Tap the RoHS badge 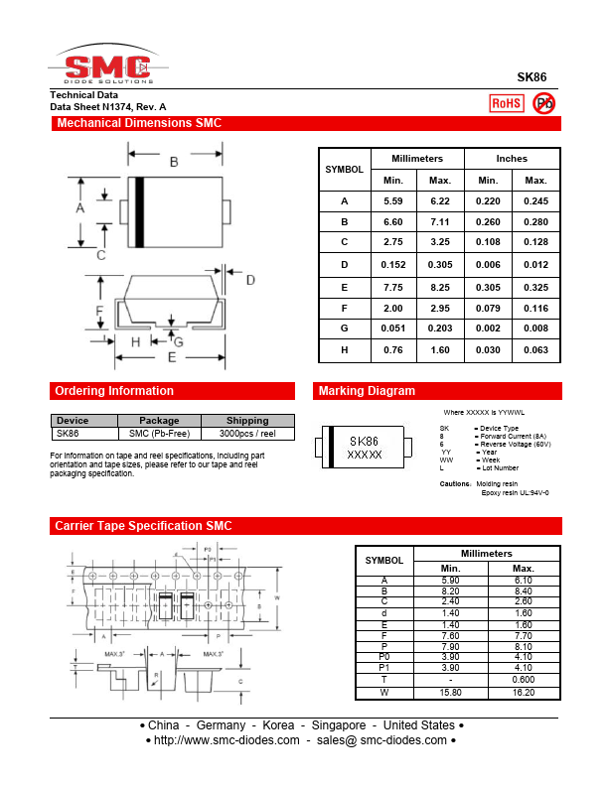(x=506, y=103)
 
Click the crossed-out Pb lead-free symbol (x=544, y=103)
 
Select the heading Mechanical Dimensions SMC (x=139, y=124)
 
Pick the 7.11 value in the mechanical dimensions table (x=440, y=222)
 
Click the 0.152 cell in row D (x=393, y=265)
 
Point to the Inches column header (x=512, y=159)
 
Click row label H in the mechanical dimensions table (x=345, y=349)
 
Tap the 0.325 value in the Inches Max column (x=535, y=286)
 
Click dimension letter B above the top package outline (x=174, y=162)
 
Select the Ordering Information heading (x=114, y=391)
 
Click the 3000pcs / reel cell (x=247, y=434)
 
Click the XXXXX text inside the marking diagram (x=364, y=454)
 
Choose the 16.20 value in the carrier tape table (x=523, y=692)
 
